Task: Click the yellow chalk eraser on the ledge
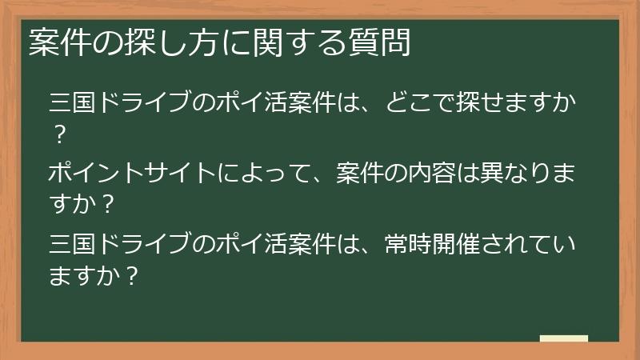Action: [x=563, y=338]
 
